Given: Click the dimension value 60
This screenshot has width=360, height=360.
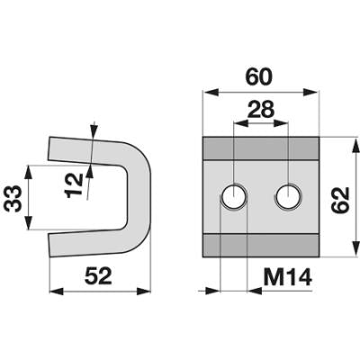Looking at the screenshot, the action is (259, 77).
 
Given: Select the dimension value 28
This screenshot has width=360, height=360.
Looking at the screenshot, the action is (260, 109).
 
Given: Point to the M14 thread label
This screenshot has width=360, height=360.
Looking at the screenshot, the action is (287, 277).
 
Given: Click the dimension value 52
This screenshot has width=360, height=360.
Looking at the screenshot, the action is (98, 276).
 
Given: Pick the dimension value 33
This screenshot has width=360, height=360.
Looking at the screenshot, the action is (13, 199).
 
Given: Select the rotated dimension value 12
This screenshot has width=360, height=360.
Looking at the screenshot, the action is (74, 184).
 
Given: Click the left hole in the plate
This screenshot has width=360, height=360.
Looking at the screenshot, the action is (234, 196).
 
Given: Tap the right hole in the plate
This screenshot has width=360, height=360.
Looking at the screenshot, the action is (288, 196).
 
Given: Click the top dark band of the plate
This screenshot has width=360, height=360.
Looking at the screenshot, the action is (260, 148).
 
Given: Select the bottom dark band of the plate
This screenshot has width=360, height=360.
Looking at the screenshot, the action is (260, 245).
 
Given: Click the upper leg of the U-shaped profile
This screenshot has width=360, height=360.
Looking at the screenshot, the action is (87, 151).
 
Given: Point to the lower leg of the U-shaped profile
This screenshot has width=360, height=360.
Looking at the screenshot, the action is (87, 242).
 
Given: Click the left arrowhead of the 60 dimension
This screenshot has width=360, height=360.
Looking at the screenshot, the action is (210, 93).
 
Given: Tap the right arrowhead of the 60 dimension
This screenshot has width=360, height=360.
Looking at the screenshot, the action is (310, 93).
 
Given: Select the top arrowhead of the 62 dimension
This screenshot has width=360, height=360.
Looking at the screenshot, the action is (356, 145).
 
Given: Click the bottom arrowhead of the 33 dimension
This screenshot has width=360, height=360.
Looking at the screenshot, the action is (28, 223).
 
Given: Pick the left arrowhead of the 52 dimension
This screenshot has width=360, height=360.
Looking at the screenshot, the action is (57, 291).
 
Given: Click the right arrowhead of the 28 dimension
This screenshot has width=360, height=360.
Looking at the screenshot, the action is (281, 122).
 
